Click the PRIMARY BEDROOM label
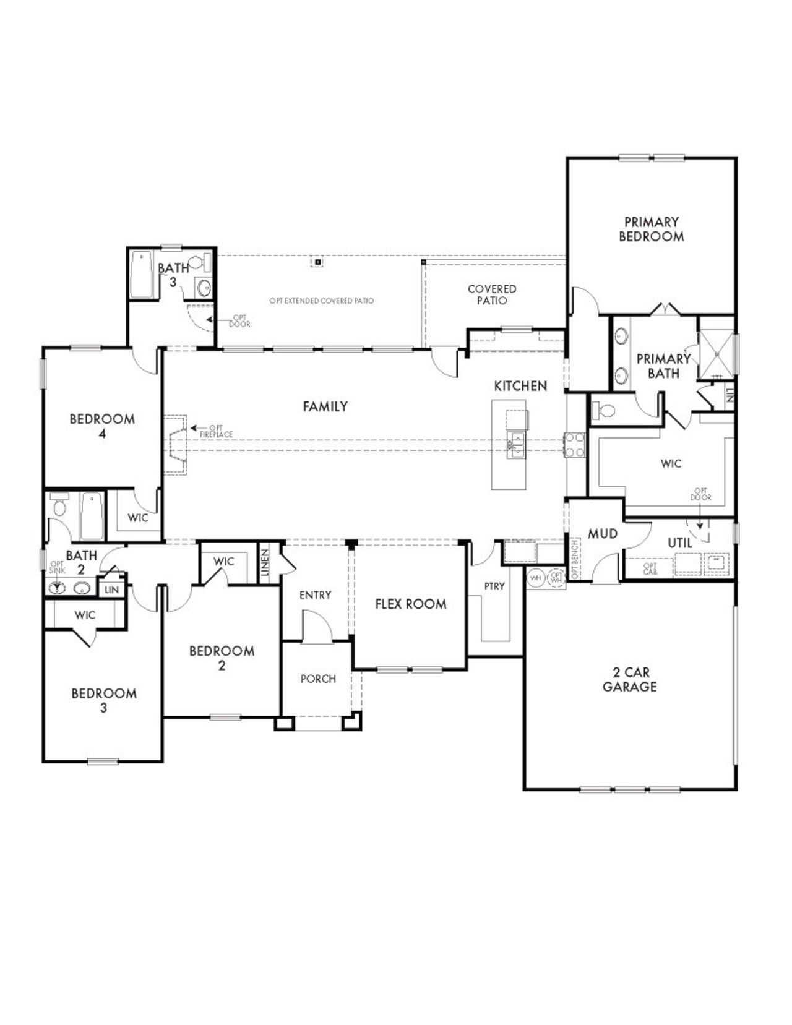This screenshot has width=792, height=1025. pos(651,229)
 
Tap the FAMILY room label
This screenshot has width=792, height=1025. pos(325,406)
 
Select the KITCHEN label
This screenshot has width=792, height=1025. pos(520,386)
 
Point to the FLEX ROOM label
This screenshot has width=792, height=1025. pos(410,604)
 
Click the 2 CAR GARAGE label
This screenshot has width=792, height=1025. pos(629,679)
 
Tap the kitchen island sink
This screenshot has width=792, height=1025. pos(515,444)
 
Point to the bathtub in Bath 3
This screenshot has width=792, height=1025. pos(142,274)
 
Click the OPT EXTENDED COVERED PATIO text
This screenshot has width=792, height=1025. pos(321,301)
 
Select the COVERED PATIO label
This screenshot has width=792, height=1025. pos(492,294)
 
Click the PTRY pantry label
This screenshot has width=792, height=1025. pos(494,586)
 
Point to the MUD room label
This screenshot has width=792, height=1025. pos(602,533)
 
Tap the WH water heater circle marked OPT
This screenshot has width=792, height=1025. pos(556,578)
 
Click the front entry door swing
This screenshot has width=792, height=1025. pos(317,625)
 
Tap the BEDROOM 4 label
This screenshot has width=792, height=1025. pos(102,426)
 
